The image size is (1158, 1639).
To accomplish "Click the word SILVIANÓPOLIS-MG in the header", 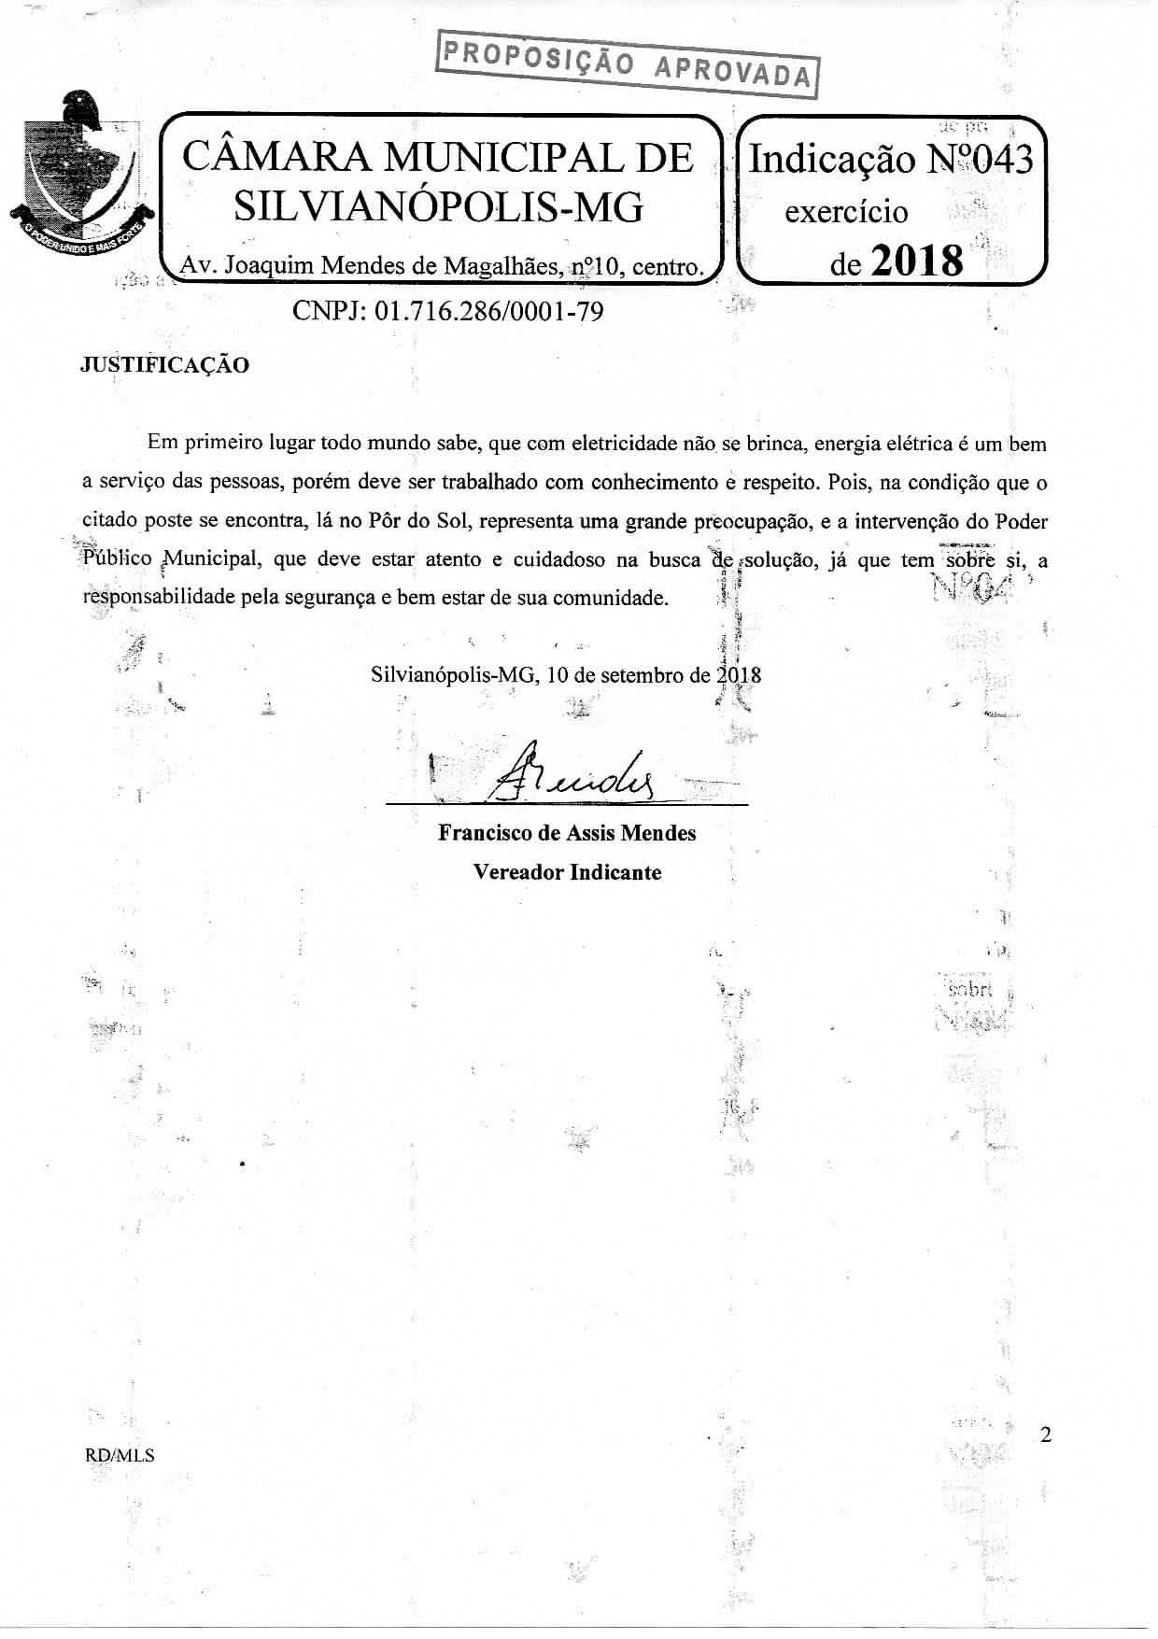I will tap(438, 206).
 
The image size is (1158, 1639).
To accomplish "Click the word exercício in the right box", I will tap(846, 212).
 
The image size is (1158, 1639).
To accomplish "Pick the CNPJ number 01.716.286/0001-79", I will tap(487, 311).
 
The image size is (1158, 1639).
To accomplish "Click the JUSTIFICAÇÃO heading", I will tap(165, 365).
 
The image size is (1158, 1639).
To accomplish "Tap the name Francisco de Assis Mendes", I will tap(567, 833).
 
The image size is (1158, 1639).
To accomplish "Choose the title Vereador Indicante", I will tap(567, 872).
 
